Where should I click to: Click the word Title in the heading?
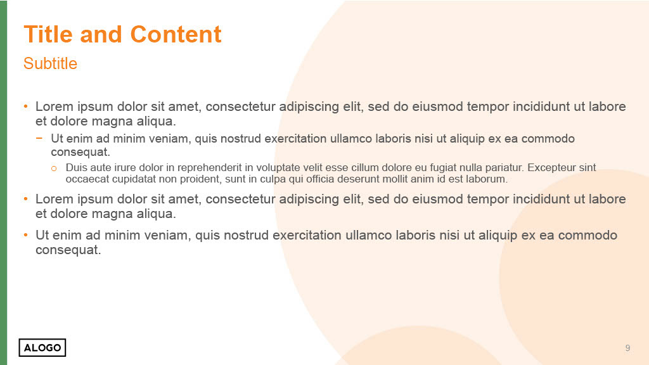coord(48,34)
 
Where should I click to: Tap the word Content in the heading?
coord(176,34)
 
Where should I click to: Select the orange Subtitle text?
coord(50,63)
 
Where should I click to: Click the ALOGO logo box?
coord(42,348)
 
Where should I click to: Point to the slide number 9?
coord(627,348)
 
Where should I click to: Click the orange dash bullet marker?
coord(39,138)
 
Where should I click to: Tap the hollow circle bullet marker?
coord(54,169)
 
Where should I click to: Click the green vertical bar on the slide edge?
coord(3,182)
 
